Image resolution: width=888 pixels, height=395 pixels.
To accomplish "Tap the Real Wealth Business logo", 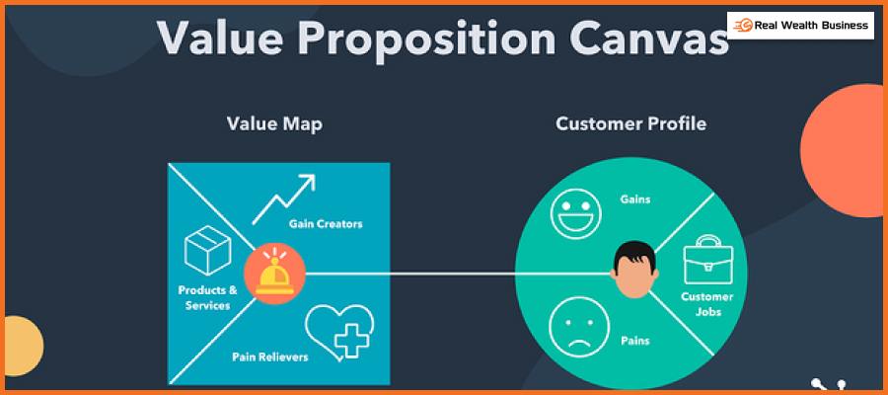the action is tap(800, 26).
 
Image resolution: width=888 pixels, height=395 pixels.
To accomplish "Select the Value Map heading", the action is tap(274, 124).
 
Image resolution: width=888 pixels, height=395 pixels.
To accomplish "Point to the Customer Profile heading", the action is tap(630, 123).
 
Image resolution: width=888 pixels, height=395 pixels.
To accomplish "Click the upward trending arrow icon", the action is tap(283, 198).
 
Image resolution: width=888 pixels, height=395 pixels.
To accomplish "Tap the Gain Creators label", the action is tap(326, 224).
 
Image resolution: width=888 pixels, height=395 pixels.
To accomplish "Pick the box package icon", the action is tap(208, 250).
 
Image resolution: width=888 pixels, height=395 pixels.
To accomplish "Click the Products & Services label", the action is tap(208, 298).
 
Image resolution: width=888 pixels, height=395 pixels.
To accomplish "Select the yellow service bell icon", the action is tap(274, 275).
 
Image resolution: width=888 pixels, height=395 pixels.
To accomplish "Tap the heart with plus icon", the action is tap(339, 333).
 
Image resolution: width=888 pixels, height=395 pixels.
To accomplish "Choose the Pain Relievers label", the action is tap(270, 357).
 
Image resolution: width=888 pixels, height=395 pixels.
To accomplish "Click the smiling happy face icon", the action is tap(575, 213).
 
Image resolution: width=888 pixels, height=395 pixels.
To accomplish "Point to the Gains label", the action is tap(634, 198).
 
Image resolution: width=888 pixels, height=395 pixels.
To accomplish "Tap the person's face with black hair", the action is tap(634, 270).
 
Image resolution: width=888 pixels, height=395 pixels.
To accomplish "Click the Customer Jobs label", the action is tap(706, 304).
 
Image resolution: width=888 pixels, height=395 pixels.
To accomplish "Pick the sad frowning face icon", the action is tap(579, 327).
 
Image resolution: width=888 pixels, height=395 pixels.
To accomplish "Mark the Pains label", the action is tap(634, 341).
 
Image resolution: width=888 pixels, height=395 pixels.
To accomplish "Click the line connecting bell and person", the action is tap(459, 275).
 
